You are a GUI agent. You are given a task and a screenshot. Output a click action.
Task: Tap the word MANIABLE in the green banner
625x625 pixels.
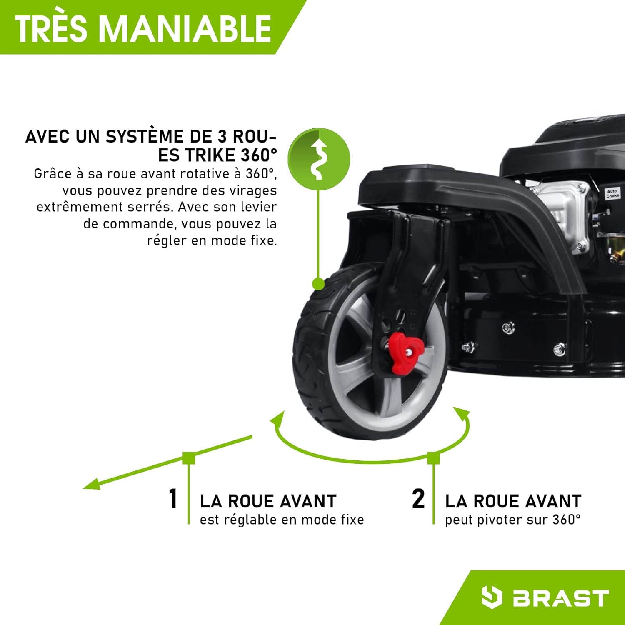pyautogui.click(x=185, y=28)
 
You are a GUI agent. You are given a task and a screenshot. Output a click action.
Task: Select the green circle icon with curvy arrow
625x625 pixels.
pyautogui.click(x=319, y=159)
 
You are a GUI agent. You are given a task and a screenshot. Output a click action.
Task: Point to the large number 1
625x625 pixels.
pyautogui.click(x=173, y=499)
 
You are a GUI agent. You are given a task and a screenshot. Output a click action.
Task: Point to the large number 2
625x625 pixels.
pyautogui.click(x=418, y=499)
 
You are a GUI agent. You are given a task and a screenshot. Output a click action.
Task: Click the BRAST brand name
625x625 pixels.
pyautogui.click(x=560, y=598)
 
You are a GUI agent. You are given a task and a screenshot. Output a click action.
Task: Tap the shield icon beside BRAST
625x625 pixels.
pyautogui.click(x=491, y=597)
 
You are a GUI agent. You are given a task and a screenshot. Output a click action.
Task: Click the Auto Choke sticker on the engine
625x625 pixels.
pyautogui.click(x=612, y=193)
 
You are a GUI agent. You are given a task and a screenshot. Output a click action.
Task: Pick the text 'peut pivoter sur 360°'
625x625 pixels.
pyautogui.click(x=512, y=520)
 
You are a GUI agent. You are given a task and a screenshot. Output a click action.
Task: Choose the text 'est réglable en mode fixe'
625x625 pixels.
pyautogui.click(x=282, y=520)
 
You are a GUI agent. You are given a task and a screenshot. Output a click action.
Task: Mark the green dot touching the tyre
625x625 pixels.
pyautogui.click(x=318, y=284)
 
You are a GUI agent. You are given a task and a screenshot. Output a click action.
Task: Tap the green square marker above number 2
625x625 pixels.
pyautogui.click(x=433, y=457)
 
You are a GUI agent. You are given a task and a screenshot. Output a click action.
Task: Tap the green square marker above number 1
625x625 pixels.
pyautogui.click(x=189, y=457)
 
